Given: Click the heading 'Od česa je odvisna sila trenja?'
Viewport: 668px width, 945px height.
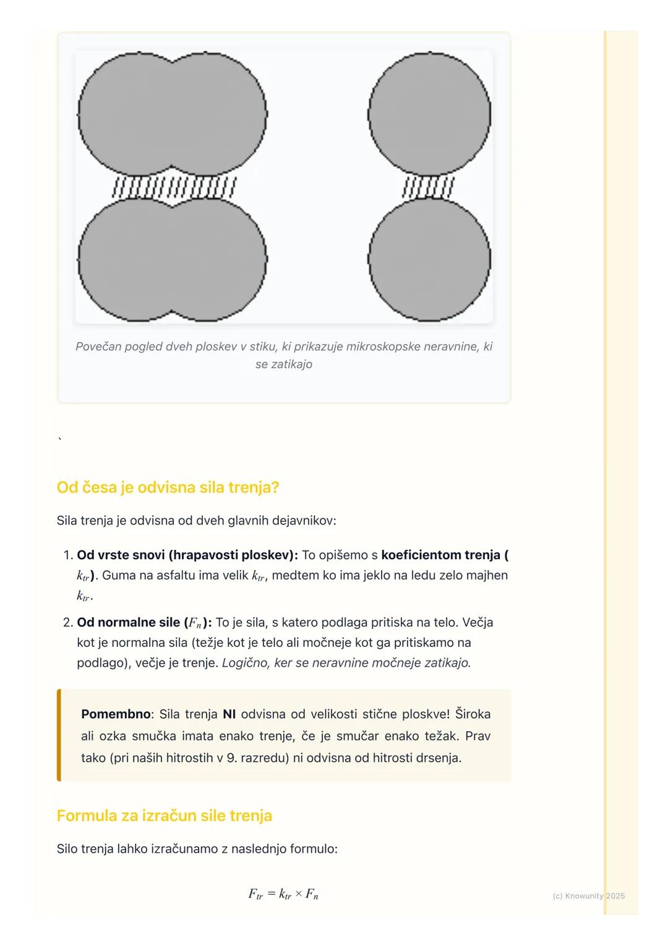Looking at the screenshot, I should click(168, 487).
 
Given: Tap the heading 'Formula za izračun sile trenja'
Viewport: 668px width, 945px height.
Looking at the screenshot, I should click(164, 815).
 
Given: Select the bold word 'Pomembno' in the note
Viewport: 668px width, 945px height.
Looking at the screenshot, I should click(116, 714).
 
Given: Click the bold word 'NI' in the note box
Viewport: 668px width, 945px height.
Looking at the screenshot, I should click(229, 714).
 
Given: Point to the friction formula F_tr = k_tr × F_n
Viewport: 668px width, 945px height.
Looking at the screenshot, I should click(283, 894).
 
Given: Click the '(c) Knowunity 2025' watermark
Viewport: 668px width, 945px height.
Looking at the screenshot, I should click(588, 896).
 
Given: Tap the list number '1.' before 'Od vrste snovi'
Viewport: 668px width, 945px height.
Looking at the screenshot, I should click(68, 555).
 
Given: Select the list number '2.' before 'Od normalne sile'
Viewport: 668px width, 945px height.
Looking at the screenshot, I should click(68, 622).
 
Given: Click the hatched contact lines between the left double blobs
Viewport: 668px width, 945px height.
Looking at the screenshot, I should click(174, 187).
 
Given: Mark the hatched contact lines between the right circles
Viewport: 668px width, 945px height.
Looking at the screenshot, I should click(428, 187).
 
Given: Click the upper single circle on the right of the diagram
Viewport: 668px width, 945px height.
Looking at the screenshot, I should click(429, 115).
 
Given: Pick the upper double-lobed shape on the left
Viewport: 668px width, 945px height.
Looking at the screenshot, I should click(172, 114).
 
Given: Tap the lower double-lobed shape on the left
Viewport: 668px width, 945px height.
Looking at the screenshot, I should click(172, 260).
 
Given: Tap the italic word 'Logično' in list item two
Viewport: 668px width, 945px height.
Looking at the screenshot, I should click(244, 663).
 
